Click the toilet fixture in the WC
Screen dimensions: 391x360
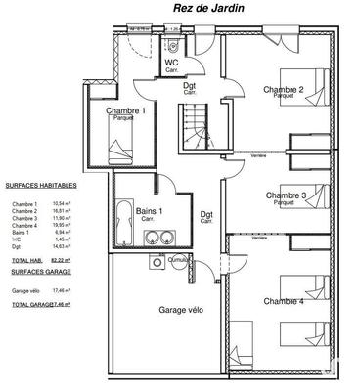coord(171,47)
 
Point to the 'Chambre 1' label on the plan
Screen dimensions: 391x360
coord(126,111)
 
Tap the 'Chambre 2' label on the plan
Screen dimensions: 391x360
coord(283,90)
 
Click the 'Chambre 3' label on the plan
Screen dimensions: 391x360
coord(286,195)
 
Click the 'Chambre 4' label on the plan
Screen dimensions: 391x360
coord(284,301)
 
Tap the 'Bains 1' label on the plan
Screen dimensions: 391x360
coord(150,211)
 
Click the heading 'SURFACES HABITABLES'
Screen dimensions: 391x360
coord(40,184)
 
